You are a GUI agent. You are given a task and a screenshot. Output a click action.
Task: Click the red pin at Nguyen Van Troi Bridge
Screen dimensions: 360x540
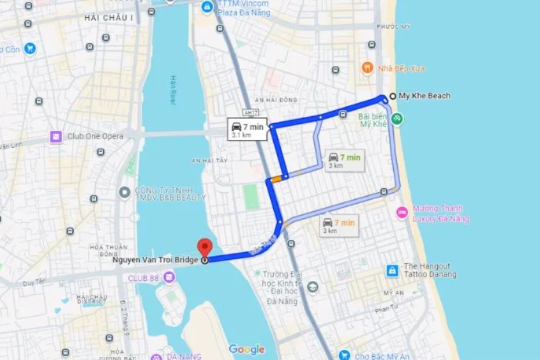[204, 246]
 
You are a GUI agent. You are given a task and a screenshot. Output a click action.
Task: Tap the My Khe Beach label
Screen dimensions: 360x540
[424, 96]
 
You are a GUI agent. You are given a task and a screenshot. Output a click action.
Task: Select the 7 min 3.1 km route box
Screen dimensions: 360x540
[248, 129]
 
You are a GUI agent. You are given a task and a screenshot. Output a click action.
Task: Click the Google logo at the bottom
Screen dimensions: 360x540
[246, 349]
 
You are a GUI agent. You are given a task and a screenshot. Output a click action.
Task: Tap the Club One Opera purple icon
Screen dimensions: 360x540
[56, 137]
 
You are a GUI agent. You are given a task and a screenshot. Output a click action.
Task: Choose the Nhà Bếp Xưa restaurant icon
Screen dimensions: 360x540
[367, 68]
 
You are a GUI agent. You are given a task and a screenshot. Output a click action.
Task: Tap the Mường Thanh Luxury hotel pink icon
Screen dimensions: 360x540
[402, 213]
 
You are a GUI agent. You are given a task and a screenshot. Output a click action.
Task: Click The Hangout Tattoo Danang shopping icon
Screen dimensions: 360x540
[392, 270]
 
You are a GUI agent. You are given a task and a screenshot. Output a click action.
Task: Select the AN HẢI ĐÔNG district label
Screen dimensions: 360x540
[276, 100]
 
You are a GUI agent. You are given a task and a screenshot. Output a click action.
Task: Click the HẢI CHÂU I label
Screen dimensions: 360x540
[109, 17]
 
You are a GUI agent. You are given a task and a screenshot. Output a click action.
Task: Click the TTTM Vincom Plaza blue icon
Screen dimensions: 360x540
[207, 7]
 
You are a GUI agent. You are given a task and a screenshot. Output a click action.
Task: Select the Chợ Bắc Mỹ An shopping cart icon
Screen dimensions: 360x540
[344, 355]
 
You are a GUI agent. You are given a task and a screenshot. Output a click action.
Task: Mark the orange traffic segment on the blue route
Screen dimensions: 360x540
[276, 179]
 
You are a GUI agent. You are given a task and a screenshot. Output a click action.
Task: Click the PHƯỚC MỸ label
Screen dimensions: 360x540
[393, 26]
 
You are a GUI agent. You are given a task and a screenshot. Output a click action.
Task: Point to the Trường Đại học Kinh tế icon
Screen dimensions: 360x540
[312, 287]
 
